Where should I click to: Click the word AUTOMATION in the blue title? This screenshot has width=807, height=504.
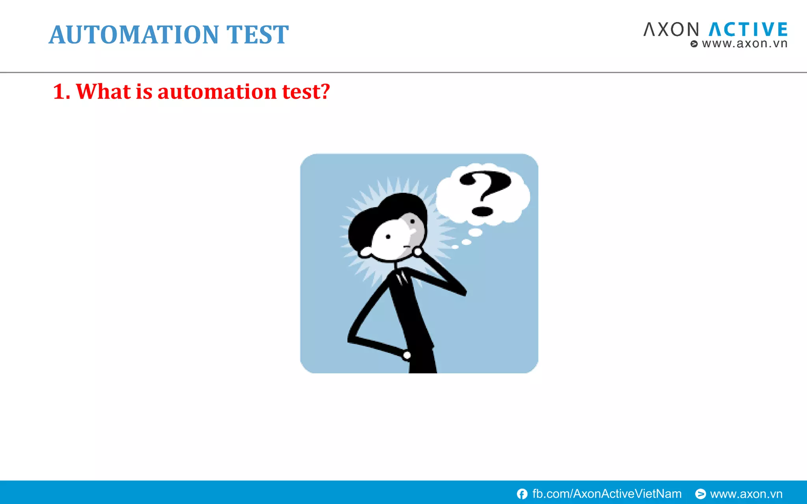click(134, 35)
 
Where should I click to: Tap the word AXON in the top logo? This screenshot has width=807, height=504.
click(671, 30)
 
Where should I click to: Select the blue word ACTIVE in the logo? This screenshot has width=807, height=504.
click(748, 30)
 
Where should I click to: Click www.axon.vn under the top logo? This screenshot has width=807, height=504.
click(744, 44)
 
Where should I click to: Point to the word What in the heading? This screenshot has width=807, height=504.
click(103, 92)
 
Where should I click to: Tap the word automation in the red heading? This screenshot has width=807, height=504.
click(217, 92)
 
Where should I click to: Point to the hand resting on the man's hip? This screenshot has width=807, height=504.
click(407, 356)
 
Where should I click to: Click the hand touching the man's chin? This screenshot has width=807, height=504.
click(418, 251)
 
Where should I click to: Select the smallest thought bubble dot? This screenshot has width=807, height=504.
click(455, 247)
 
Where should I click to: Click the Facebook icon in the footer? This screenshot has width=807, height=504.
click(522, 494)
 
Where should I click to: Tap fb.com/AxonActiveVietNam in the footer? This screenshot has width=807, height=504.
click(607, 494)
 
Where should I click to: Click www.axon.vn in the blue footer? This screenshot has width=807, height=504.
click(746, 494)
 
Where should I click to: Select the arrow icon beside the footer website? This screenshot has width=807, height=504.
click(700, 494)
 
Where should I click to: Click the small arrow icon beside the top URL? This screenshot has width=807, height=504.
click(694, 44)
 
